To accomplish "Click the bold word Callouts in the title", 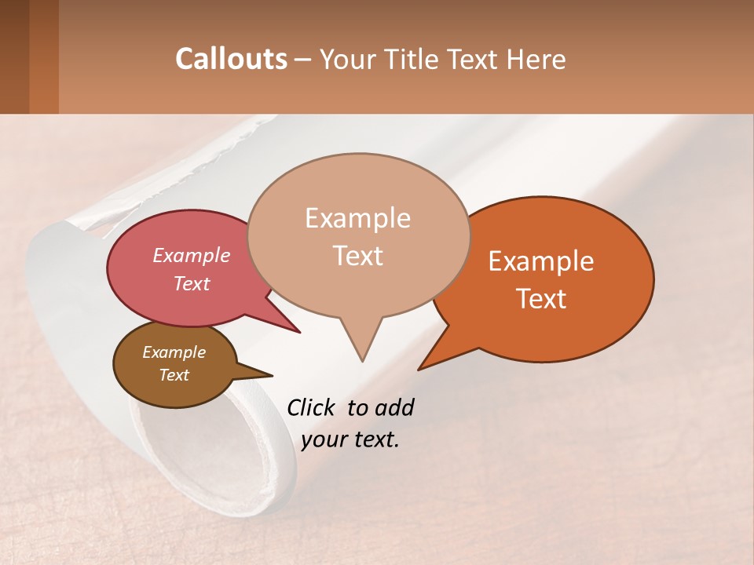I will [231, 59].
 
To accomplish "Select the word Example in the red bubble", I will [191, 255].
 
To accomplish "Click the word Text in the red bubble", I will [191, 283].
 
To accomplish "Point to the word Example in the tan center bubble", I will [357, 218].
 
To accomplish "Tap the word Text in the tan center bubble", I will [357, 255].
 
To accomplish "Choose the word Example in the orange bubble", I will [541, 261].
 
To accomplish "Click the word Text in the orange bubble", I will [541, 298].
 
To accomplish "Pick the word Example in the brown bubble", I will [174, 352].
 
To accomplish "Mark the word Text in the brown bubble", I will [174, 375].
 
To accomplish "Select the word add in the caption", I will [394, 407].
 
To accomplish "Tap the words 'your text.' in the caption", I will [350, 439].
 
